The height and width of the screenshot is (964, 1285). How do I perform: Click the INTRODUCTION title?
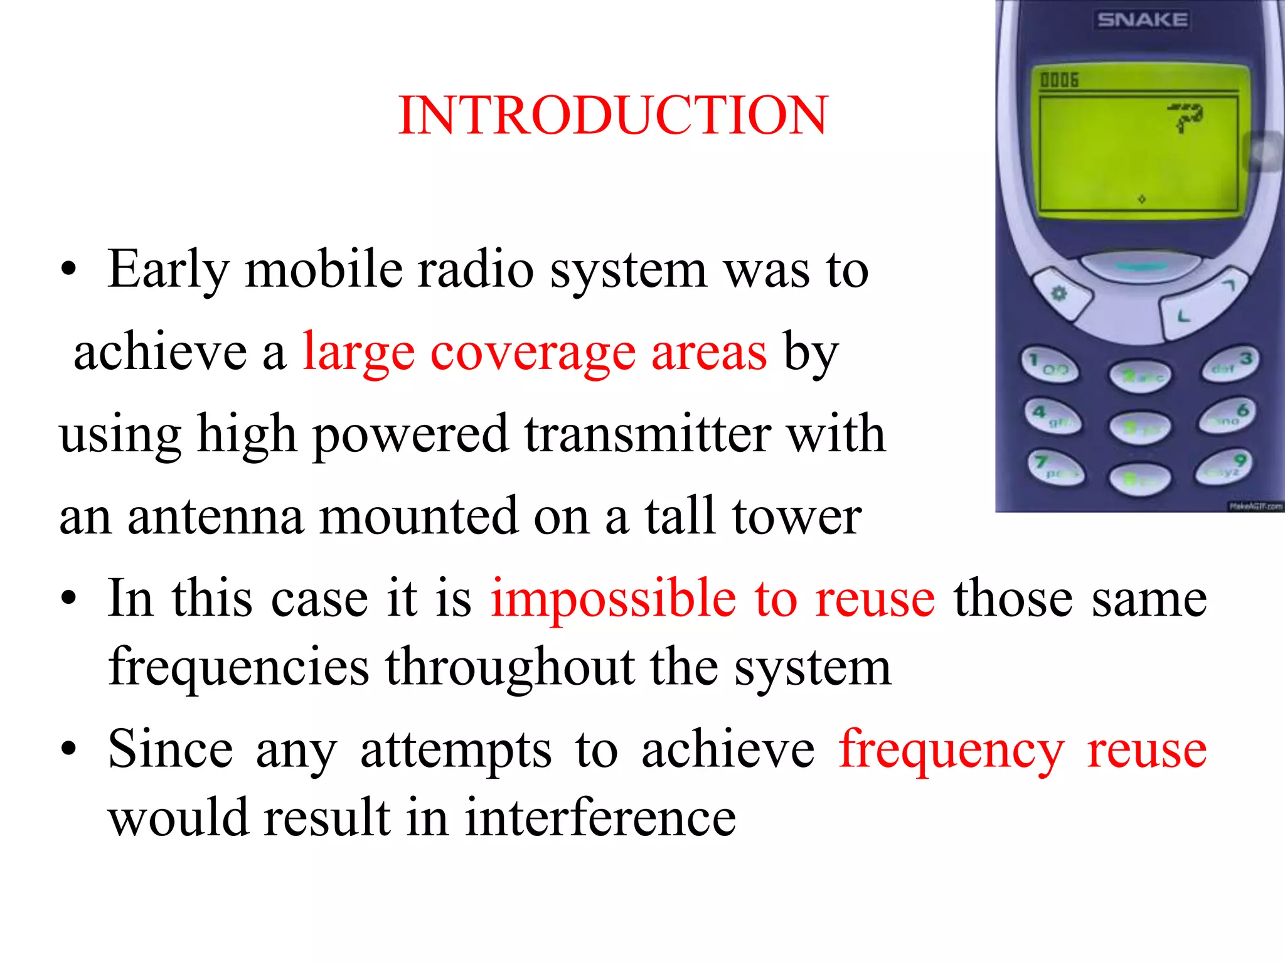coord(613,115)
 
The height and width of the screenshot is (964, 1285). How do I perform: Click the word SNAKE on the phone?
coord(1142,20)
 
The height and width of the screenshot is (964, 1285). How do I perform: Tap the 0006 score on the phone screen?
coord(1059,80)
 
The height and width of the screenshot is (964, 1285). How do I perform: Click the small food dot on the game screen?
coord(1141,199)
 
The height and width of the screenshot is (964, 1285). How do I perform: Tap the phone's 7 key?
coord(1055,468)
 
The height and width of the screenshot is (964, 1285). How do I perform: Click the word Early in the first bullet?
coord(168,270)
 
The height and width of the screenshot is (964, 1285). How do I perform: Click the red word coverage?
coord(532,353)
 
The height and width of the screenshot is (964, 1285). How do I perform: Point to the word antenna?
coord(215,517)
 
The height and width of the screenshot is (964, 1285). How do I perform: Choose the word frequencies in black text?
coord(238,667)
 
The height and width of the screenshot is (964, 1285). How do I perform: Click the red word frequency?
coord(951,750)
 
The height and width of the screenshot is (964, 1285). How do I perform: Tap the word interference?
coord(600,818)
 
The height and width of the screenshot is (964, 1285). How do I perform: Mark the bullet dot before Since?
coord(68,749)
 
